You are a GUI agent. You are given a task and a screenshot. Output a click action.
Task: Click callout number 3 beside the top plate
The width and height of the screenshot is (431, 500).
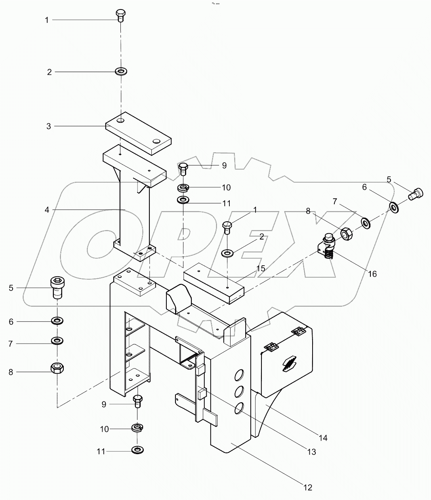(x=48, y=126)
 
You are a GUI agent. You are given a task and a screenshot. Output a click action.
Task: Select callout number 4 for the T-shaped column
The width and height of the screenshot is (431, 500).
(x=47, y=209)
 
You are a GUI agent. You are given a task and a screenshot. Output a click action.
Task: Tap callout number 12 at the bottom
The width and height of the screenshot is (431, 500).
(x=307, y=487)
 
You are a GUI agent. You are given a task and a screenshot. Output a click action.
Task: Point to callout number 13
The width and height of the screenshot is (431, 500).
(x=311, y=452)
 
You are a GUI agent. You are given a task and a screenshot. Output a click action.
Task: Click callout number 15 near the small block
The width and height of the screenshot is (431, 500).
(x=260, y=268)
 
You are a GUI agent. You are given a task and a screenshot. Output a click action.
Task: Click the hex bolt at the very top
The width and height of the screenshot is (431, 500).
(x=120, y=16)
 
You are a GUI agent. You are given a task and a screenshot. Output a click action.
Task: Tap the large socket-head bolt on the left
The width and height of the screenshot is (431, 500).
(x=58, y=288)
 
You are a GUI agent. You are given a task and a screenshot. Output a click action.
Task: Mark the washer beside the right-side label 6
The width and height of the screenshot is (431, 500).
(x=394, y=207)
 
